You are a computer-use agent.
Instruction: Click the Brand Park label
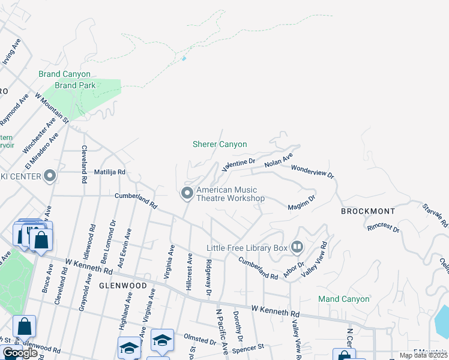(x=74, y=85)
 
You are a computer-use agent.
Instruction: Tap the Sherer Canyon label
(x=220, y=144)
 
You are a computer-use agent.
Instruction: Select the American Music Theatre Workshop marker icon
(x=187, y=193)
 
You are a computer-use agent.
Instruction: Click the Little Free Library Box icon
(x=297, y=247)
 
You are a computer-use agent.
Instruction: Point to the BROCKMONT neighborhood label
(x=368, y=211)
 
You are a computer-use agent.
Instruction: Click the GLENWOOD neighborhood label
(x=122, y=286)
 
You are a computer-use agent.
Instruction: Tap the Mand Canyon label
(x=343, y=299)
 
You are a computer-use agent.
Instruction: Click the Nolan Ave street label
(x=279, y=160)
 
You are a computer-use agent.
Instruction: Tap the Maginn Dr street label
(x=302, y=202)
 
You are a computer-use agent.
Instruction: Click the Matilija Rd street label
(x=109, y=172)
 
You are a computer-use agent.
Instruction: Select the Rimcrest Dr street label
(x=384, y=227)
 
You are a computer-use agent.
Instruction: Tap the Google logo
(x=19, y=353)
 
